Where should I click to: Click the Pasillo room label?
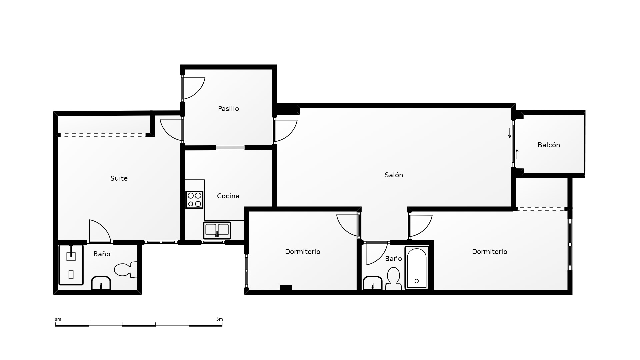click(x=228, y=109)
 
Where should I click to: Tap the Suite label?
click(x=119, y=178)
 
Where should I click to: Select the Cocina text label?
click(x=228, y=196)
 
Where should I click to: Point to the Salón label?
click(x=394, y=175)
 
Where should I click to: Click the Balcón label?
click(x=549, y=145)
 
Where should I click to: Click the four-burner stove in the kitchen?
click(x=194, y=200)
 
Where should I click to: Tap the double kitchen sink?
click(x=217, y=230)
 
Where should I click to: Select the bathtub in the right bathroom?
click(x=417, y=268)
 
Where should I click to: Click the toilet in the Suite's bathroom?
click(x=126, y=270)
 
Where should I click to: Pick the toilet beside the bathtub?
click(x=393, y=279)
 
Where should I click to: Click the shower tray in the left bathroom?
click(x=71, y=265)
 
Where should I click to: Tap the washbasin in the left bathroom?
click(x=101, y=283)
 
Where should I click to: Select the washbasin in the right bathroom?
click(x=373, y=283)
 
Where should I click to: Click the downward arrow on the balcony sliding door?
click(x=510, y=133)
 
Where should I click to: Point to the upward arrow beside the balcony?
click(x=517, y=154)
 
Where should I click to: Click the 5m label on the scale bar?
click(x=219, y=319)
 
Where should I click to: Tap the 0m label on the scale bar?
click(x=58, y=319)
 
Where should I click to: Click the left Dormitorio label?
click(x=302, y=252)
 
